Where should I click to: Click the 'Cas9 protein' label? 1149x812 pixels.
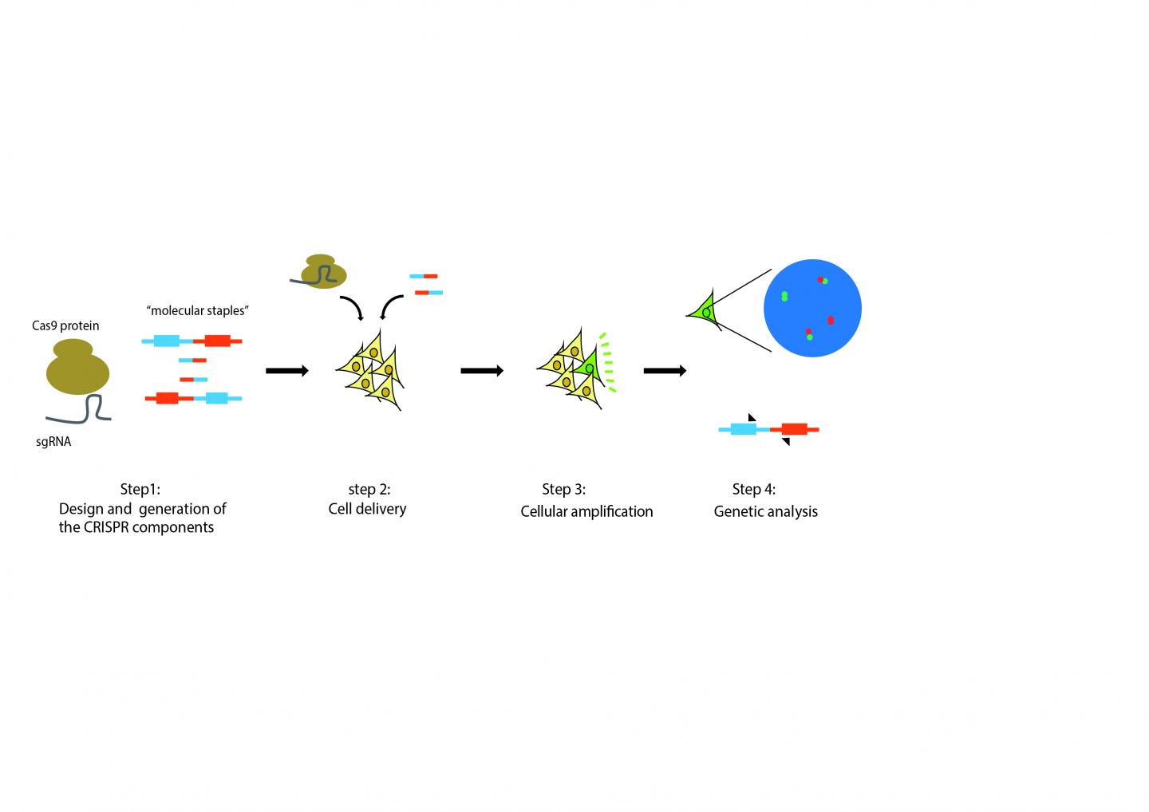[x=65, y=325]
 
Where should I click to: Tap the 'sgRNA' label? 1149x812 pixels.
[x=53, y=441]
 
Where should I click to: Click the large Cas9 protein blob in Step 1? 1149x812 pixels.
[x=77, y=369]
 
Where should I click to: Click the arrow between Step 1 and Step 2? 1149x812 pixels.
[x=286, y=370]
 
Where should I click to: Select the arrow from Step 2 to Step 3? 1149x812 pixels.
[x=482, y=370]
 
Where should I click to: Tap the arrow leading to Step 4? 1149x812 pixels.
[x=665, y=370]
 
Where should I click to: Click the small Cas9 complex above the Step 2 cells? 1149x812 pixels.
[x=324, y=271]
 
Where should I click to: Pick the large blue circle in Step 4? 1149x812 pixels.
[x=812, y=308]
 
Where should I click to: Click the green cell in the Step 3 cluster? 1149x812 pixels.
[x=589, y=367]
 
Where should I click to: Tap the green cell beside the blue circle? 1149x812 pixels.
[x=705, y=311]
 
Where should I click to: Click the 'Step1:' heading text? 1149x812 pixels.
[x=140, y=489]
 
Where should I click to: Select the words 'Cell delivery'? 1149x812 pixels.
[x=367, y=509]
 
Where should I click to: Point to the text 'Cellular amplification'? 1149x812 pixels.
[x=586, y=511]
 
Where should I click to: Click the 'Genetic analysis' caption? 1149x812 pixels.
[x=765, y=511]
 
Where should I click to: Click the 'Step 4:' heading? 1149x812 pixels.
[x=753, y=489]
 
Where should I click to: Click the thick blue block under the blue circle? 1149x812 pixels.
[x=743, y=429]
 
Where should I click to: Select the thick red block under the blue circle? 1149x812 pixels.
[x=794, y=429]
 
